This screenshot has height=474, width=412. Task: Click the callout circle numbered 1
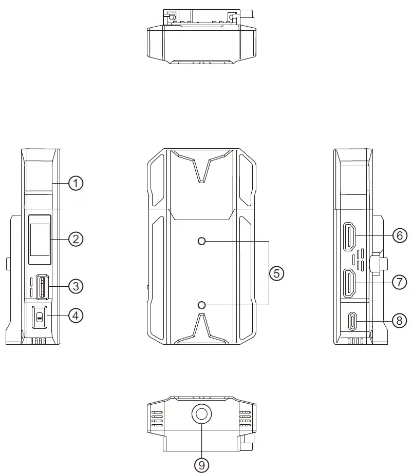tap(76, 183)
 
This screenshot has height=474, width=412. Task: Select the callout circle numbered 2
tap(76, 239)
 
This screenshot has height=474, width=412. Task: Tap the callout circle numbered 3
tap(76, 286)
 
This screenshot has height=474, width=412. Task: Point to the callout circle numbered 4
tap(76, 315)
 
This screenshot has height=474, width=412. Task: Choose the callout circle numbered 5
tap(276, 273)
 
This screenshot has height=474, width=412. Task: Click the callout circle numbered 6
tap(399, 235)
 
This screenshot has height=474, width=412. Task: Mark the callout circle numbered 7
tap(399, 282)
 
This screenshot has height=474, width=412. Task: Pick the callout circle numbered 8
tap(399, 321)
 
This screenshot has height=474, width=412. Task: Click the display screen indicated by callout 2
tap(39, 240)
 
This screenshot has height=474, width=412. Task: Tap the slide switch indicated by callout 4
tap(40, 317)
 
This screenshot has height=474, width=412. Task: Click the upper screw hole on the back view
tap(201, 241)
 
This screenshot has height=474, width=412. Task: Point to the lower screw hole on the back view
tap(201, 305)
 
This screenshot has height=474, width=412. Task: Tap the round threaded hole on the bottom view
tap(201, 413)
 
